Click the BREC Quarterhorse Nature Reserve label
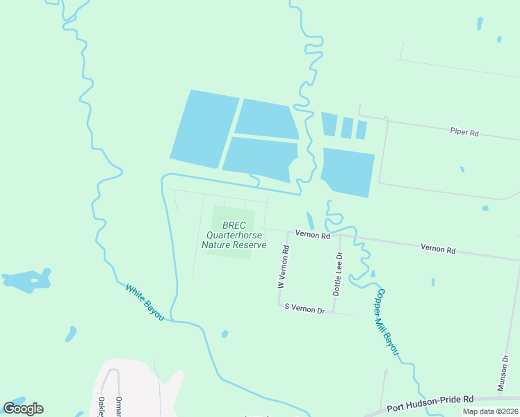[x=234, y=235]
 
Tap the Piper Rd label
[x=464, y=132]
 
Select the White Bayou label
[x=145, y=302]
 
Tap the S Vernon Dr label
[x=304, y=308]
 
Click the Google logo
[x=23, y=409]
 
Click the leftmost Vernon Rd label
[x=312, y=235]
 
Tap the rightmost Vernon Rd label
[x=438, y=248]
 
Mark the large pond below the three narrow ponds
[x=348, y=171]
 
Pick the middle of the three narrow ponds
[x=346, y=127]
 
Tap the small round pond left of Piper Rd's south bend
[x=485, y=208]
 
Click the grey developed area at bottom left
[x=136, y=386]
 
